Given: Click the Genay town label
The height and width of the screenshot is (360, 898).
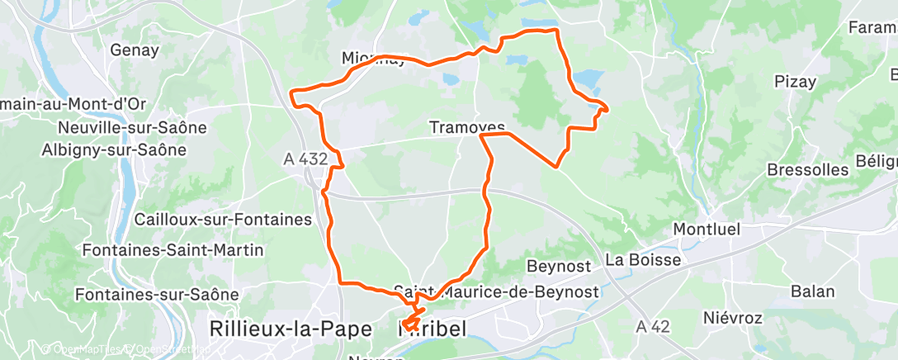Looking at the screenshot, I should [x=135, y=50].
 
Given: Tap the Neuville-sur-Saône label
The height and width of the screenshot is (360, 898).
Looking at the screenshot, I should [x=132, y=128].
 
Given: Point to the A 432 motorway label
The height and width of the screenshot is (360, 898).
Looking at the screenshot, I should [x=305, y=159].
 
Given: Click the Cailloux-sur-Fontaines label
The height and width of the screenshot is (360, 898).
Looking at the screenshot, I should [x=223, y=220].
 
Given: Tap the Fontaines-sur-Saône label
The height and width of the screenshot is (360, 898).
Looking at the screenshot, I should [x=156, y=294].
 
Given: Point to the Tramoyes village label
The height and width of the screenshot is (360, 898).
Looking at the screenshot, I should [x=466, y=127].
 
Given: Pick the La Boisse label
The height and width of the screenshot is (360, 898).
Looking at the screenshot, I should [x=643, y=260].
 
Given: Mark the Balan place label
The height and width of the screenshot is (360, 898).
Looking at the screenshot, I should [x=812, y=291].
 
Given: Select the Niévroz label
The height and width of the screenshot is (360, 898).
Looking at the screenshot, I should [x=730, y=317].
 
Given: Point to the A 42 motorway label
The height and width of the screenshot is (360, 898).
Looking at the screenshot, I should [x=653, y=327].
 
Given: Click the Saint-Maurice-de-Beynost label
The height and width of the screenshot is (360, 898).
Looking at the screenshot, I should [x=498, y=291].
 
